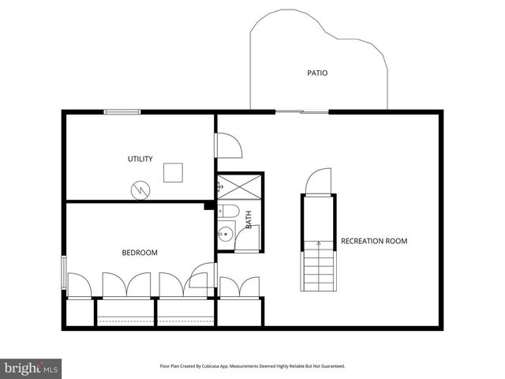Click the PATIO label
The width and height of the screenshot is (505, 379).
(x=317, y=73)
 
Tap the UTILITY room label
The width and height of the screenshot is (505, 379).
(x=140, y=159)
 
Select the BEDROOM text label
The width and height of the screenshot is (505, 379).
(x=140, y=253)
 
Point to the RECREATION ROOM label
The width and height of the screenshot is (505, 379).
(x=374, y=241)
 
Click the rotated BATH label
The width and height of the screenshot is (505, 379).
(x=249, y=219)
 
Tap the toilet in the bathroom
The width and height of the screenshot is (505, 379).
(x=230, y=211)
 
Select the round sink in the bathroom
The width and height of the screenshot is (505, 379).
(x=225, y=233)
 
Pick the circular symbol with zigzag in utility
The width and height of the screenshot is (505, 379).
(x=140, y=189)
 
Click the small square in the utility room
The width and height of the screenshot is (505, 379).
(x=173, y=172)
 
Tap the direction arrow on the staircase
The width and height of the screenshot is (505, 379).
(x=319, y=244)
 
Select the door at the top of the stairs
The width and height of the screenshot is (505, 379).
(x=319, y=182)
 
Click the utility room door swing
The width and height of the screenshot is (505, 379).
(x=227, y=145)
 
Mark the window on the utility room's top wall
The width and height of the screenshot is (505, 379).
(x=122, y=111)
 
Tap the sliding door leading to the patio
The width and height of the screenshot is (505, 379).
(x=301, y=111)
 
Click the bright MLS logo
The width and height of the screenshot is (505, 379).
(x=32, y=367)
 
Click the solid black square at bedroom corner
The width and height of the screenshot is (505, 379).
(x=210, y=206)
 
